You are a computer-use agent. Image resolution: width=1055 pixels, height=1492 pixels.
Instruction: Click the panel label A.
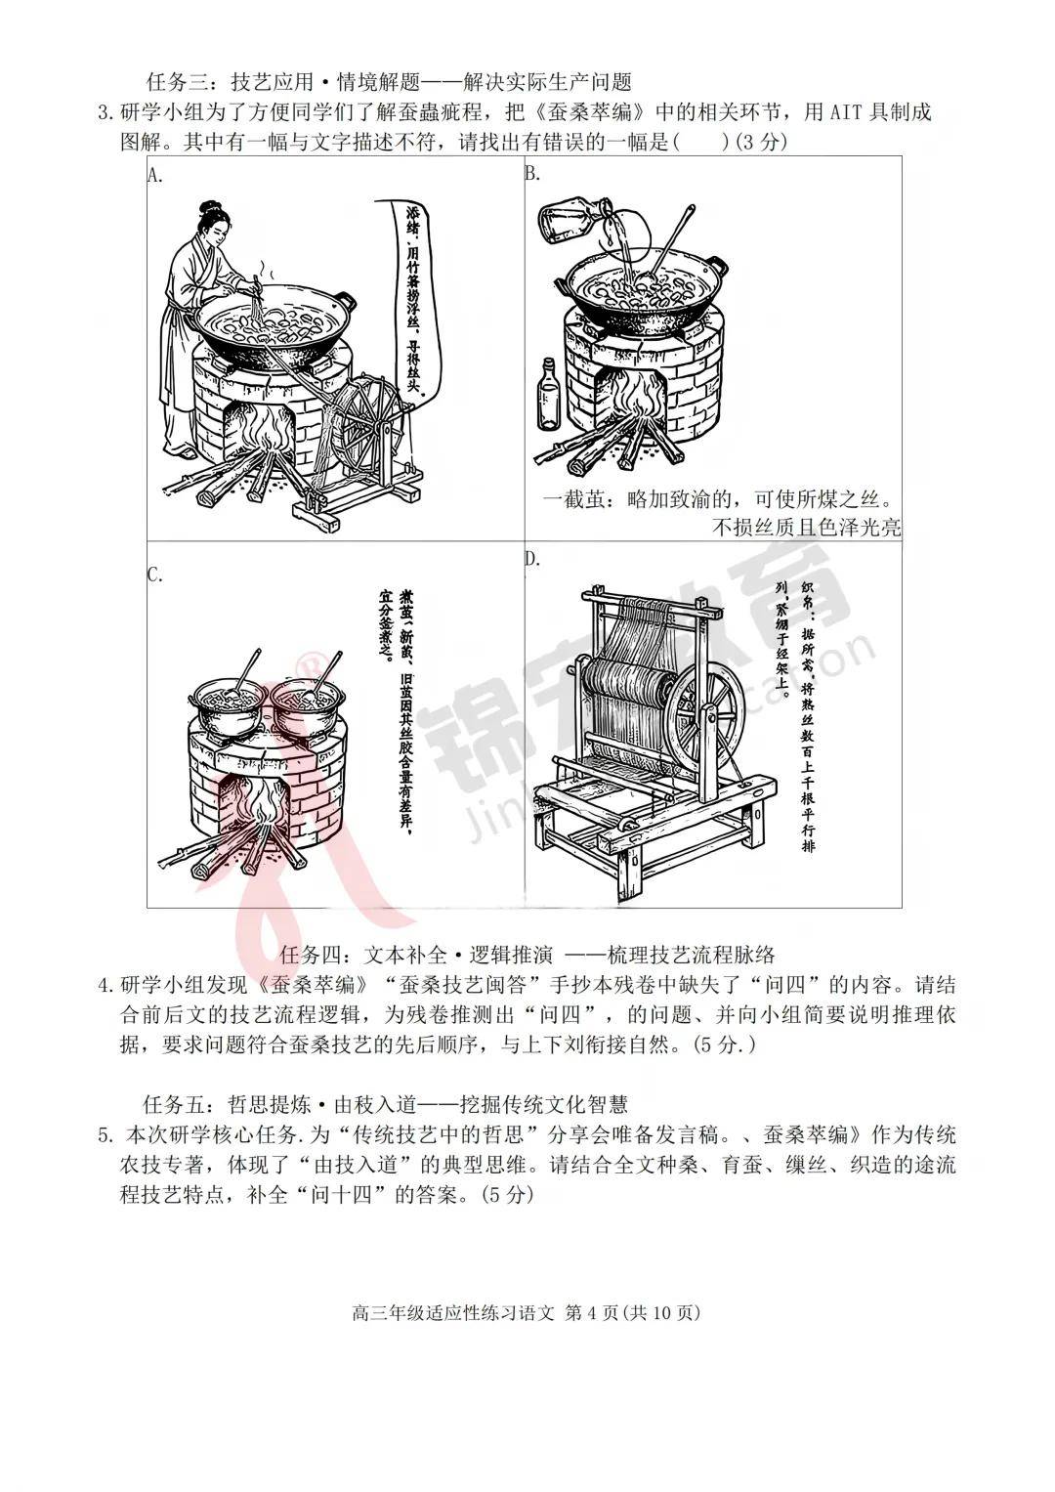[x=154, y=175]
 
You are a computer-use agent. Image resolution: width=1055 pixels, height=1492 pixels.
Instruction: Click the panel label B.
[x=532, y=174]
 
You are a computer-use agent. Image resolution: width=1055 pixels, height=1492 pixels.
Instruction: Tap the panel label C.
[x=154, y=575]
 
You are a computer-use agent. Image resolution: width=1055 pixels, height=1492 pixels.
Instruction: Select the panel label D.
[x=532, y=559]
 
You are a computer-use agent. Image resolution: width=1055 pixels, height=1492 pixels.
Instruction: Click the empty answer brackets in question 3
[x=700, y=143]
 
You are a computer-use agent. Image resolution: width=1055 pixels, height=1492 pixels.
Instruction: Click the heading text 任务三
[x=174, y=82]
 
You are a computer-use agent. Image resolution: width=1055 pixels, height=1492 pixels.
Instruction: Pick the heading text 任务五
[x=174, y=1105]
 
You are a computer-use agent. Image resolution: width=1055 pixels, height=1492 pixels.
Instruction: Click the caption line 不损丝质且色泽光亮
[x=807, y=529]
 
